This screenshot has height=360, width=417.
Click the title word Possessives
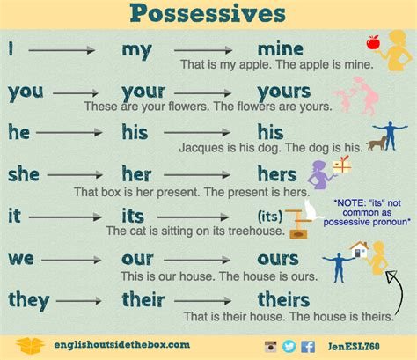208,14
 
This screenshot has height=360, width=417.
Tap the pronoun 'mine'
280,48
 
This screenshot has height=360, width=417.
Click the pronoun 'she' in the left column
25,173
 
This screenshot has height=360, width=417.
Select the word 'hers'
280,174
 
